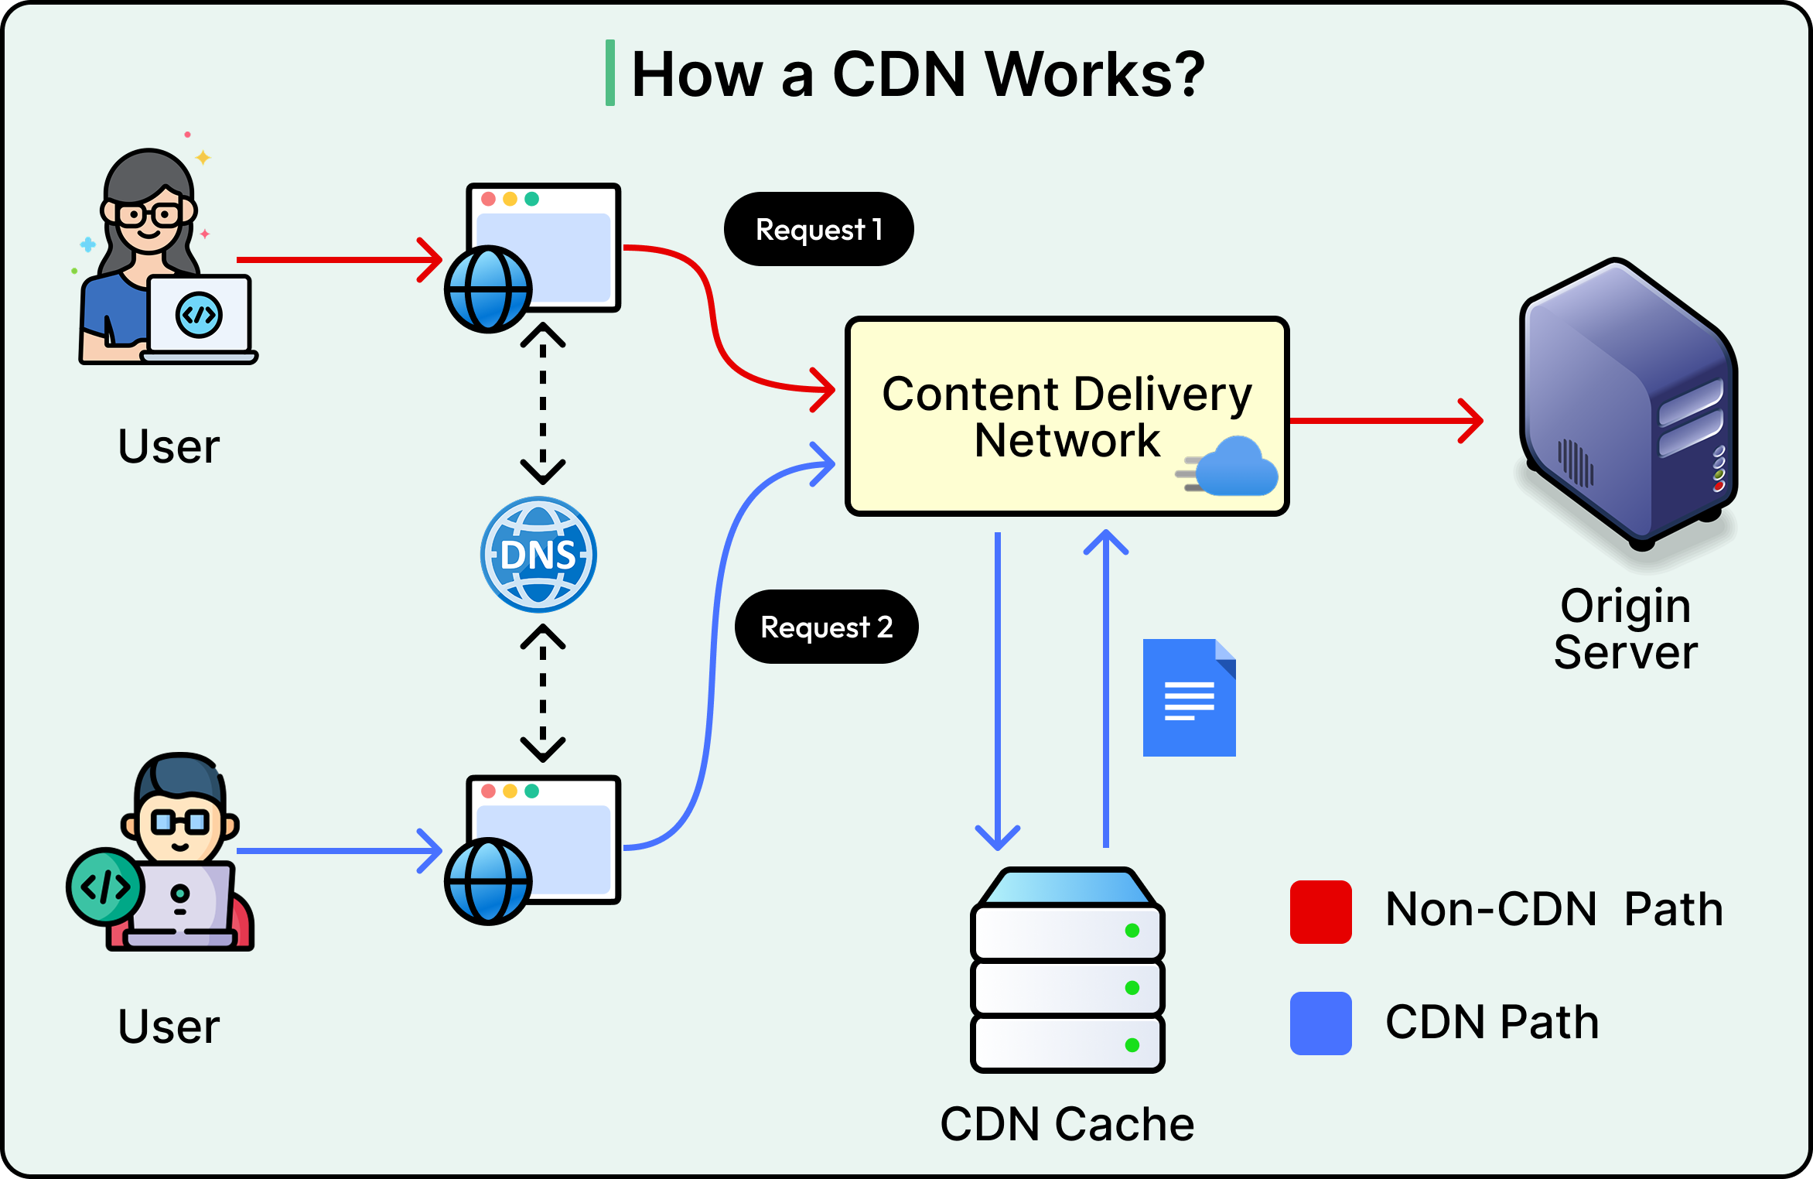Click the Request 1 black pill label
click(818, 229)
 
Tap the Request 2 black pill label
click(826, 627)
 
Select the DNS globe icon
click(538, 555)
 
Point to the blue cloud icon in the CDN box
click(1234, 467)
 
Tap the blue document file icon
click(1189, 698)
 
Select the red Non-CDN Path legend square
click(1320, 911)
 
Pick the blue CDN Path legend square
click(1320, 1023)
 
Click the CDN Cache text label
click(1067, 1123)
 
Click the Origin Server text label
click(1625, 628)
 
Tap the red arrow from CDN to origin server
click(1385, 421)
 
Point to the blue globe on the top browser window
click(488, 289)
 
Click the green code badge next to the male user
click(105, 887)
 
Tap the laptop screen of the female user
click(200, 315)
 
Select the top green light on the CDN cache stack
click(1132, 931)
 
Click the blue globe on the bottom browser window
click(488, 881)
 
